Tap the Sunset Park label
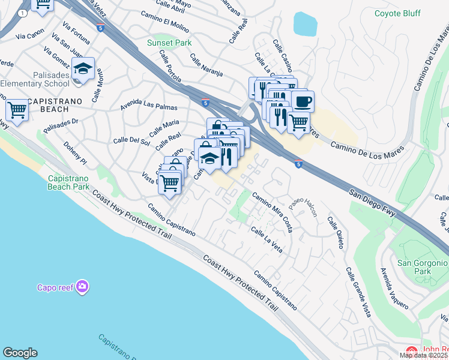click(x=169, y=43)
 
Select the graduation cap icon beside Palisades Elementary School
click(x=83, y=68)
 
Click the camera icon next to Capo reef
click(x=82, y=287)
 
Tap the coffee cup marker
click(x=303, y=101)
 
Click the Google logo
click(x=20, y=353)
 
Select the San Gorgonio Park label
click(x=423, y=267)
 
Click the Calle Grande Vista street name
click(x=357, y=292)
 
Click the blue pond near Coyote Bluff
click(x=305, y=24)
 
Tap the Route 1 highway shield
click(x=22, y=12)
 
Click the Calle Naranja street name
click(x=206, y=65)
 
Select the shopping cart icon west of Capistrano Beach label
click(x=17, y=110)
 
